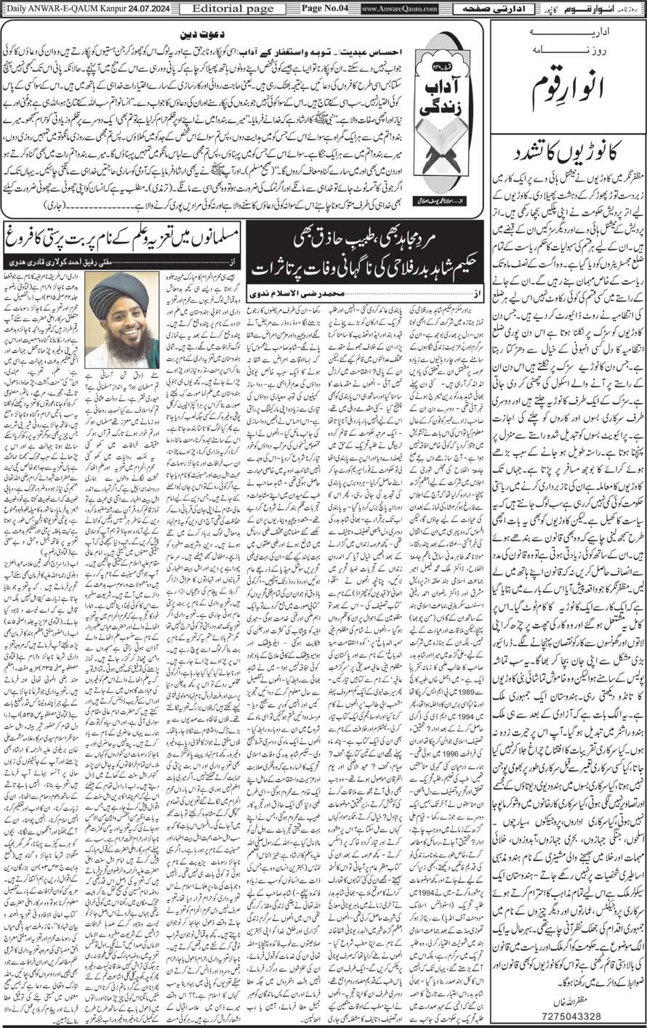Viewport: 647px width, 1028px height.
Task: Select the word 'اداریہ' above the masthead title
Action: tap(568, 32)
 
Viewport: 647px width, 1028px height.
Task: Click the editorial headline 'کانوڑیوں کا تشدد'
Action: tap(568, 155)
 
